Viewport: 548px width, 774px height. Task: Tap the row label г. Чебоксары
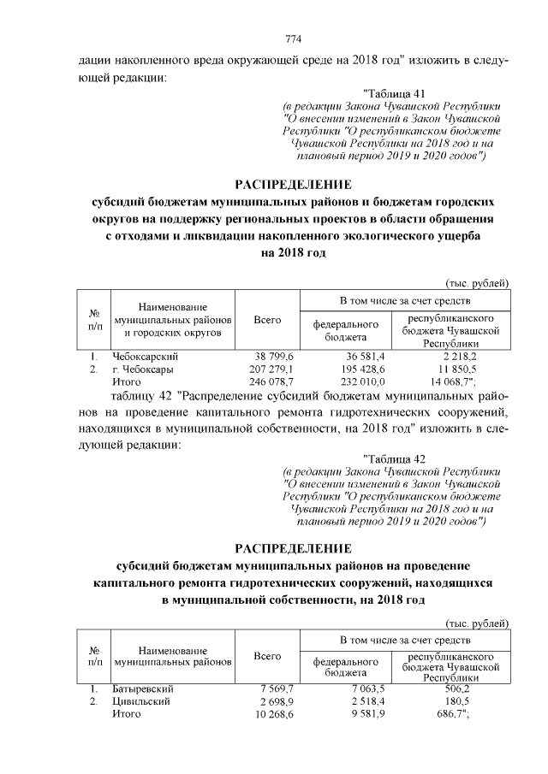[x=143, y=369]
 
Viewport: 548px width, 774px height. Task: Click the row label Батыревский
[x=143, y=688]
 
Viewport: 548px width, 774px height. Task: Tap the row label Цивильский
[x=141, y=701]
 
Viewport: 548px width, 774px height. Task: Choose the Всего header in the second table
[x=268, y=655]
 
